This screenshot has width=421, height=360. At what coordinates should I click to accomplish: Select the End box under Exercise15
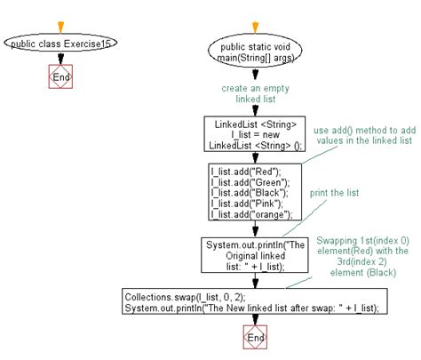pyautogui.click(x=60, y=77)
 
